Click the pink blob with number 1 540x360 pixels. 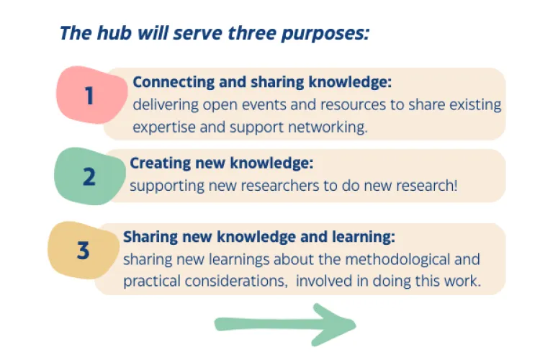[x=89, y=94]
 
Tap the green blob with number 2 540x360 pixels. [x=89, y=176]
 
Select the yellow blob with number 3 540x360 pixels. [x=83, y=251]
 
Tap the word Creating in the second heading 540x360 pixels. [x=156, y=163]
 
